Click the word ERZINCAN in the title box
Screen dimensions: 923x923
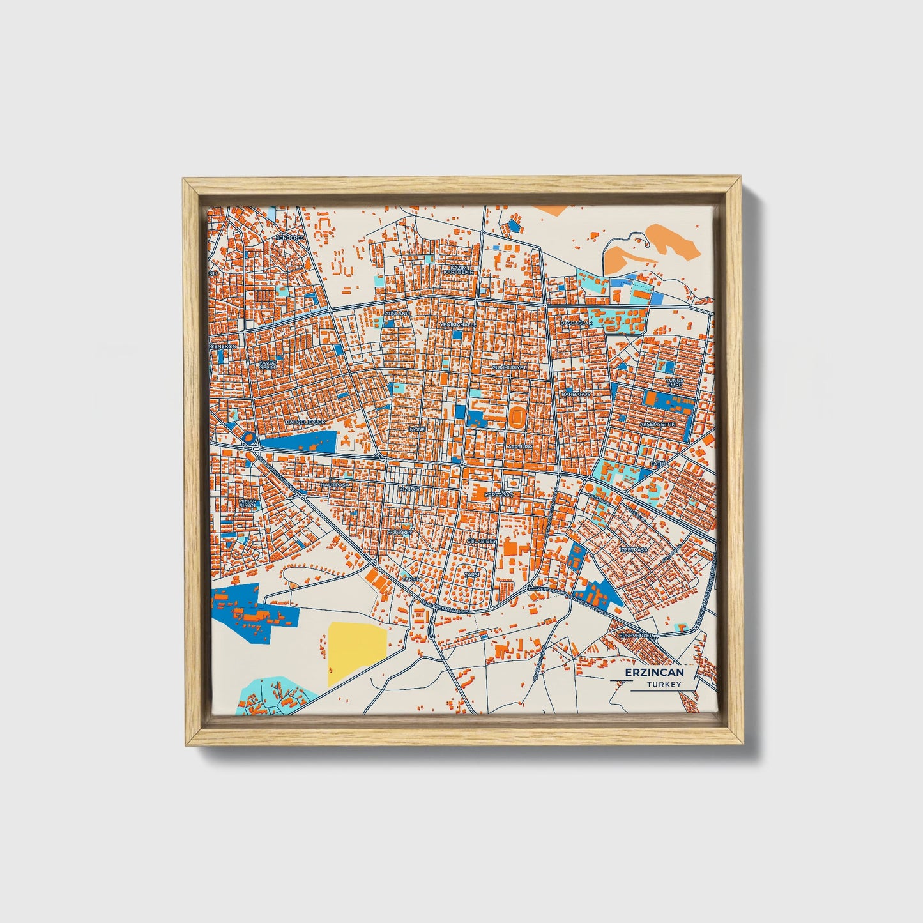click(x=654, y=673)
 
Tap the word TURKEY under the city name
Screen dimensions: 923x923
click(x=664, y=685)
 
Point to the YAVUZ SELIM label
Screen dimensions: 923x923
click(x=268, y=365)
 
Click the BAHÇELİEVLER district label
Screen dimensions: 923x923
click(x=305, y=422)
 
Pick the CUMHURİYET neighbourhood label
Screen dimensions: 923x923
click(x=508, y=369)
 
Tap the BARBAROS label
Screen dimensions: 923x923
click(x=576, y=395)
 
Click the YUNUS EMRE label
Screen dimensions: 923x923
click(x=675, y=382)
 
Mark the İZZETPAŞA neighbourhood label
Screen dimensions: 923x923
click(x=634, y=550)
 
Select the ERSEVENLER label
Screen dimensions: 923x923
click(x=637, y=636)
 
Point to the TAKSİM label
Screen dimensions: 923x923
click(x=412, y=579)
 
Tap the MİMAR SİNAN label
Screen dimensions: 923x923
click(x=247, y=503)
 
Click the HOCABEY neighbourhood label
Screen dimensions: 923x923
click(x=400, y=531)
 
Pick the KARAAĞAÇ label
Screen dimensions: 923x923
click(x=499, y=495)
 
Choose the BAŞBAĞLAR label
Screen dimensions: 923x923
click(x=577, y=323)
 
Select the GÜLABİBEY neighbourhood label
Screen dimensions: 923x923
click(x=480, y=541)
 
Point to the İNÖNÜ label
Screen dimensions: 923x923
click(x=417, y=429)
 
